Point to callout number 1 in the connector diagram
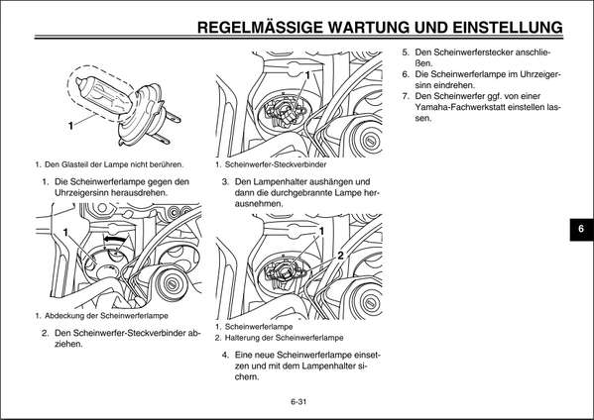click(307, 76)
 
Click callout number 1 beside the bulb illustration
click(71, 127)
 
